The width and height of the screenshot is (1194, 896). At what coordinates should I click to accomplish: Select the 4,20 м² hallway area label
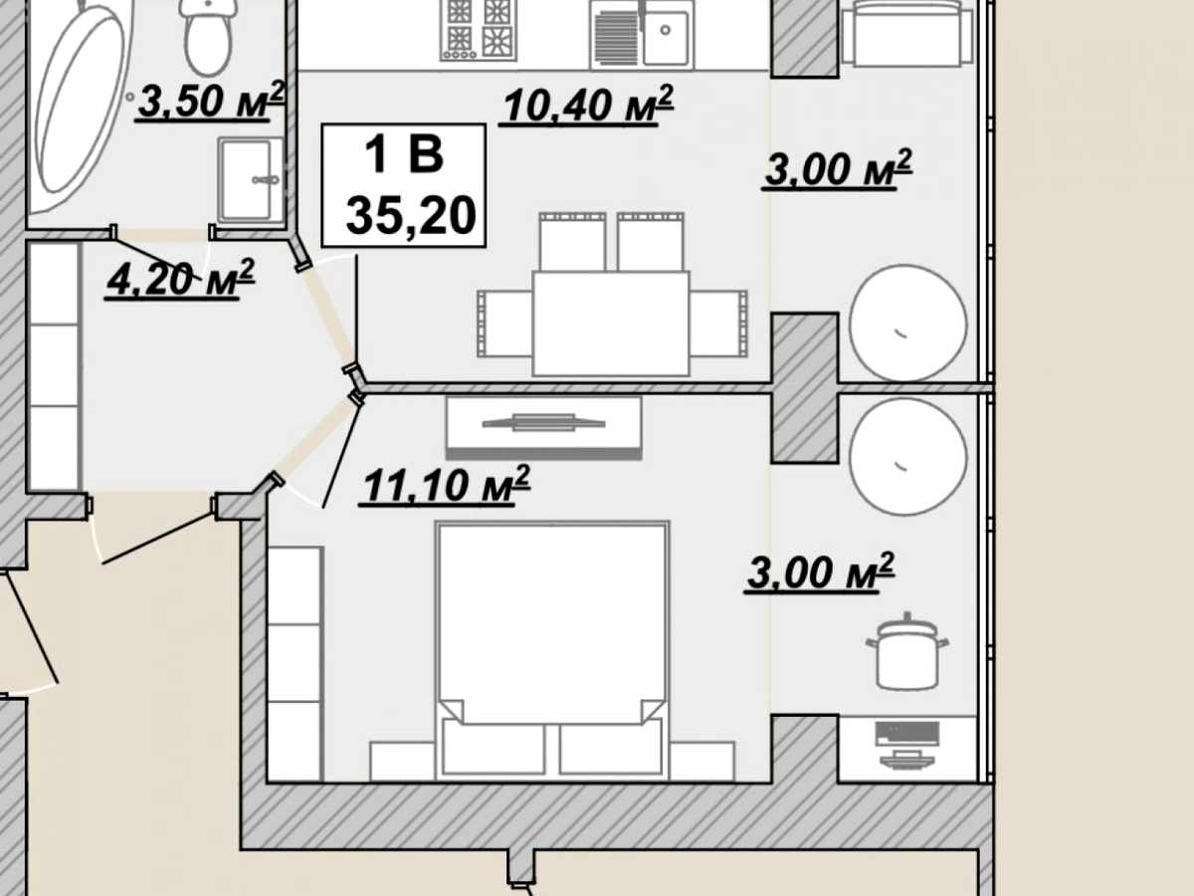click(179, 279)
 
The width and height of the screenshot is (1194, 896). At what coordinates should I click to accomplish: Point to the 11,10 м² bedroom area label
click(445, 485)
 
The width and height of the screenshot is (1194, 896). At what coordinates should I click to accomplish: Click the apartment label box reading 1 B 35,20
click(404, 185)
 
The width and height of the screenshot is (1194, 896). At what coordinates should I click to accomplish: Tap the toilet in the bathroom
click(209, 36)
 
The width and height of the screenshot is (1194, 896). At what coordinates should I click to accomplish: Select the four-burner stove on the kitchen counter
click(479, 30)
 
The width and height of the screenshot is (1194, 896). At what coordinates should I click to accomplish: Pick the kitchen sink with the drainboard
click(643, 34)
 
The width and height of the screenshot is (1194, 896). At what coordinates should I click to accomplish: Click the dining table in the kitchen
click(611, 324)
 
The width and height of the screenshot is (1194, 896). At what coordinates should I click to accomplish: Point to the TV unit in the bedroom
click(544, 428)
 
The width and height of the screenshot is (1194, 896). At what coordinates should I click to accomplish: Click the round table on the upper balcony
click(907, 324)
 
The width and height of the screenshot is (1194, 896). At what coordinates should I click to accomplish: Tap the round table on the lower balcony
click(907, 456)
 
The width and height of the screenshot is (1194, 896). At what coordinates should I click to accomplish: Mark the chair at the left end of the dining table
click(504, 324)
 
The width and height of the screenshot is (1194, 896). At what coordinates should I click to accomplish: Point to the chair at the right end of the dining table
click(719, 324)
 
